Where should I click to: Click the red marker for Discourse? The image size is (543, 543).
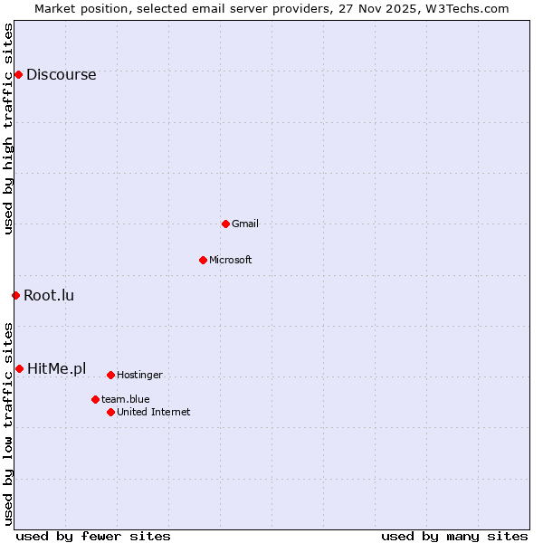18,74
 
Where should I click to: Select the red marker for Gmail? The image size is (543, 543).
225,224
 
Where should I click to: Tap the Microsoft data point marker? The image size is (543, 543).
203,260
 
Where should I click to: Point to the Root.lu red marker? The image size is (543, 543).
15,295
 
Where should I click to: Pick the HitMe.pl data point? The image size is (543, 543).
19,368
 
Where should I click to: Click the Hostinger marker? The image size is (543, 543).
110,375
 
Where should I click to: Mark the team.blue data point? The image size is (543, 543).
95,399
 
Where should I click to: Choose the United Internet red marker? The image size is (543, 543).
110,412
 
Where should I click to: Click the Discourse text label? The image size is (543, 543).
61,75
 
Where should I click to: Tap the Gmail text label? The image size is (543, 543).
245,224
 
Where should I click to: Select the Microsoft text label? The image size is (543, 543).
231,260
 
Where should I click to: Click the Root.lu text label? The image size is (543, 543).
49,295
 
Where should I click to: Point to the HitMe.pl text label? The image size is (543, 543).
56,368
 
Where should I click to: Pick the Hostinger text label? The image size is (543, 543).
139,375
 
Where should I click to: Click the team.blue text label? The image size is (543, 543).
126,399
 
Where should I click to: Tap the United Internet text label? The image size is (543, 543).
154,412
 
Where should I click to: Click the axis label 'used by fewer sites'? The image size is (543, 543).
93,536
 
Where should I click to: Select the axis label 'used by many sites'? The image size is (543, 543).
454,536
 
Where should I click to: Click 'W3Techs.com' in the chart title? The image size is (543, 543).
467,8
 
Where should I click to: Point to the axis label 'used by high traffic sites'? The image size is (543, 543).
9,129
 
